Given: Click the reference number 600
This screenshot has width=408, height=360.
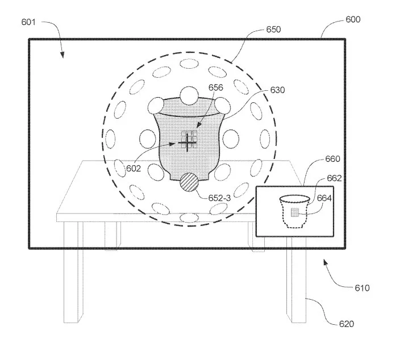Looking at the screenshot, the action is click(x=353, y=19).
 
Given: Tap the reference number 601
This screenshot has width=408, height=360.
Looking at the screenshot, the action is click(x=28, y=22).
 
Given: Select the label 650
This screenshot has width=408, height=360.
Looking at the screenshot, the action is click(x=273, y=30).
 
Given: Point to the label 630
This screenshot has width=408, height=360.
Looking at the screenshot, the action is click(x=278, y=90).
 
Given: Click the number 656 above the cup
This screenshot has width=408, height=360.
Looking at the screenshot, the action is click(x=216, y=87).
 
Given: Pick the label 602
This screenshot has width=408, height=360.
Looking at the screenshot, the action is click(x=134, y=169).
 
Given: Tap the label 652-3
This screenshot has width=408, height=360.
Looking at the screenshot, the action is click(x=219, y=198).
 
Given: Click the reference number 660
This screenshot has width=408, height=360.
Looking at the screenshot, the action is click(x=333, y=159).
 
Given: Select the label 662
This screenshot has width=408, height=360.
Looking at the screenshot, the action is click(x=334, y=178).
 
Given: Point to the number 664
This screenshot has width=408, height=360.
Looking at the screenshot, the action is click(x=324, y=198).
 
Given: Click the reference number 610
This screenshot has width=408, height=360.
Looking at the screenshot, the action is click(x=362, y=288).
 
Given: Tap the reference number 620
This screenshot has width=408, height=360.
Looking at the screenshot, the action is click(x=347, y=324).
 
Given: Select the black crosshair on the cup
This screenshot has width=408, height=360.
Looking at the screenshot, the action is click(x=187, y=143).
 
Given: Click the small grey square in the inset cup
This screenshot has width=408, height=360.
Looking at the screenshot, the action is click(x=294, y=212).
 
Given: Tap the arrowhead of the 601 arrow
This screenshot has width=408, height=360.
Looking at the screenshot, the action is click(x=62, y=55).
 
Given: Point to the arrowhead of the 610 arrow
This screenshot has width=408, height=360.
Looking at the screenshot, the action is click(x=326, y=262).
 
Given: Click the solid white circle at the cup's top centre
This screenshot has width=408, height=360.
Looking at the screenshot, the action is click(x=189, y=96).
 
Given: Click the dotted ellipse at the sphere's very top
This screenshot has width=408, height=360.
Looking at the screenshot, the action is click(x=189, y=64).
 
